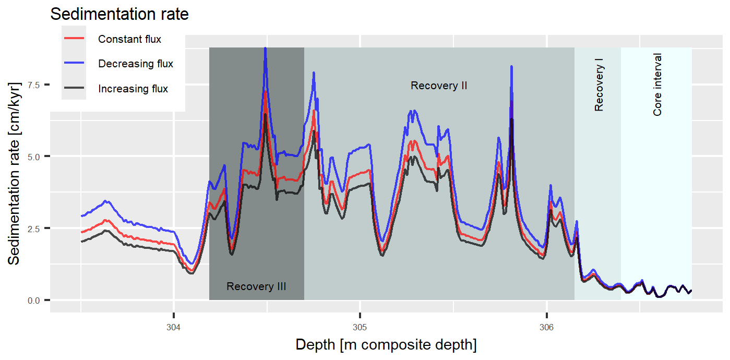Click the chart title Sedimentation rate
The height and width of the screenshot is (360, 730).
tap(119, 15)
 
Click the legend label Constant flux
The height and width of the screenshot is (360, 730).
tap(129, 39)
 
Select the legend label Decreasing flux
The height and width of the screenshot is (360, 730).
tap(136, 64)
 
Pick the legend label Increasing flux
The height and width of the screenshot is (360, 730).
tap(133, 89)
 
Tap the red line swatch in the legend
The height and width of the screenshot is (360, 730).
tap(74, 39)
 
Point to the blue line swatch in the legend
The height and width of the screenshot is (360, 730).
tap(74, 64)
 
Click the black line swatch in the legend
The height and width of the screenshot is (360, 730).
tap(74, 89)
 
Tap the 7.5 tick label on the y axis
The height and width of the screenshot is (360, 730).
tap(33, 85)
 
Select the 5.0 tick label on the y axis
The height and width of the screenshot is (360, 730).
tap(33, 157)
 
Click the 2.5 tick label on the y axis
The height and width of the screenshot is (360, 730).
tap(33, 229)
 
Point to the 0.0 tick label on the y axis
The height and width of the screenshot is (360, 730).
tap(33, 301)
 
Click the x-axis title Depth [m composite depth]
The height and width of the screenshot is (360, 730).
tap(386, 345)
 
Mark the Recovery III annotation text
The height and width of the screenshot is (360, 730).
tap(256, 286)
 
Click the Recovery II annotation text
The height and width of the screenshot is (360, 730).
tap(438, 86)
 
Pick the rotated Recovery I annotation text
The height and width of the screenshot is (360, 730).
tap(599, 85)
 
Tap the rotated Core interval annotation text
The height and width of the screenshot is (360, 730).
tap(657, 85)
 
